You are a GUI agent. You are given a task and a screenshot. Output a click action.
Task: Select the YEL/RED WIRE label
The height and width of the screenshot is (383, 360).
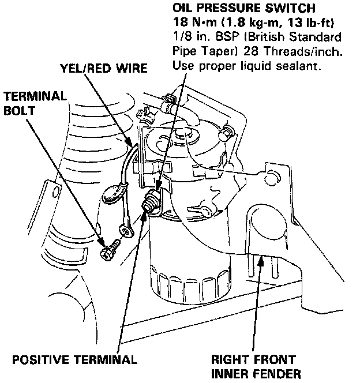click(x=104, y=69)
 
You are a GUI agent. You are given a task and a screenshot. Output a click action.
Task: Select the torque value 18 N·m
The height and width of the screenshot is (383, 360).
click(x=194, y=23)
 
